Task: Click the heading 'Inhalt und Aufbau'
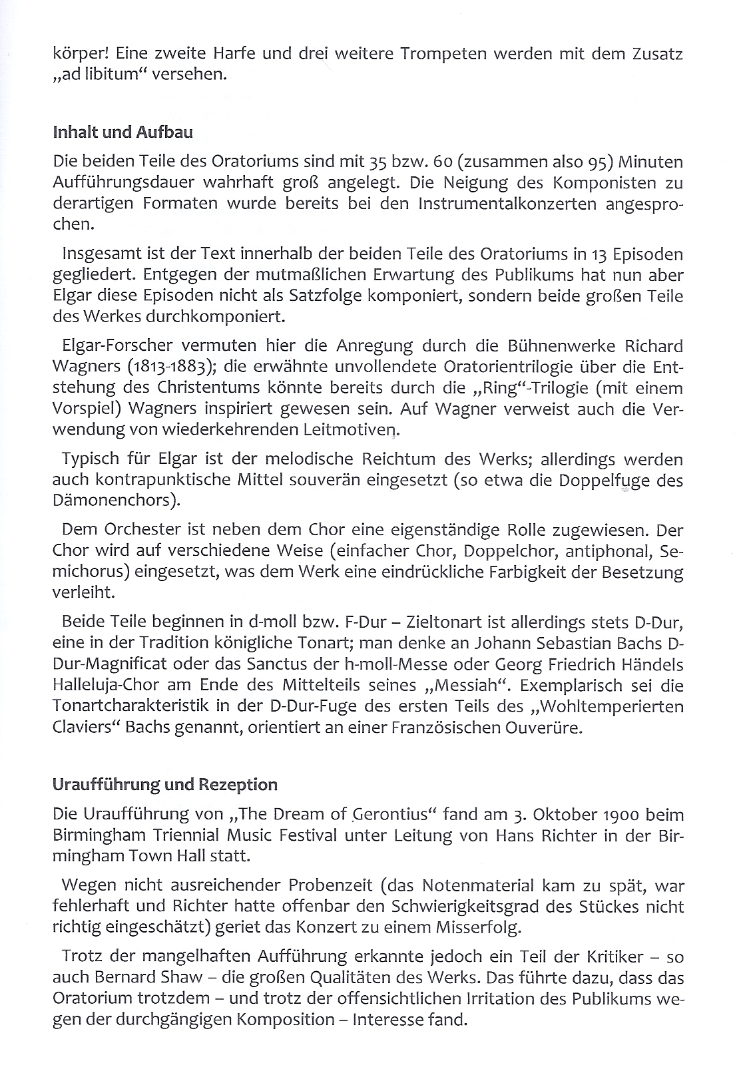(123, 132)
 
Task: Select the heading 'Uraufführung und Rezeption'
(164, 785)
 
